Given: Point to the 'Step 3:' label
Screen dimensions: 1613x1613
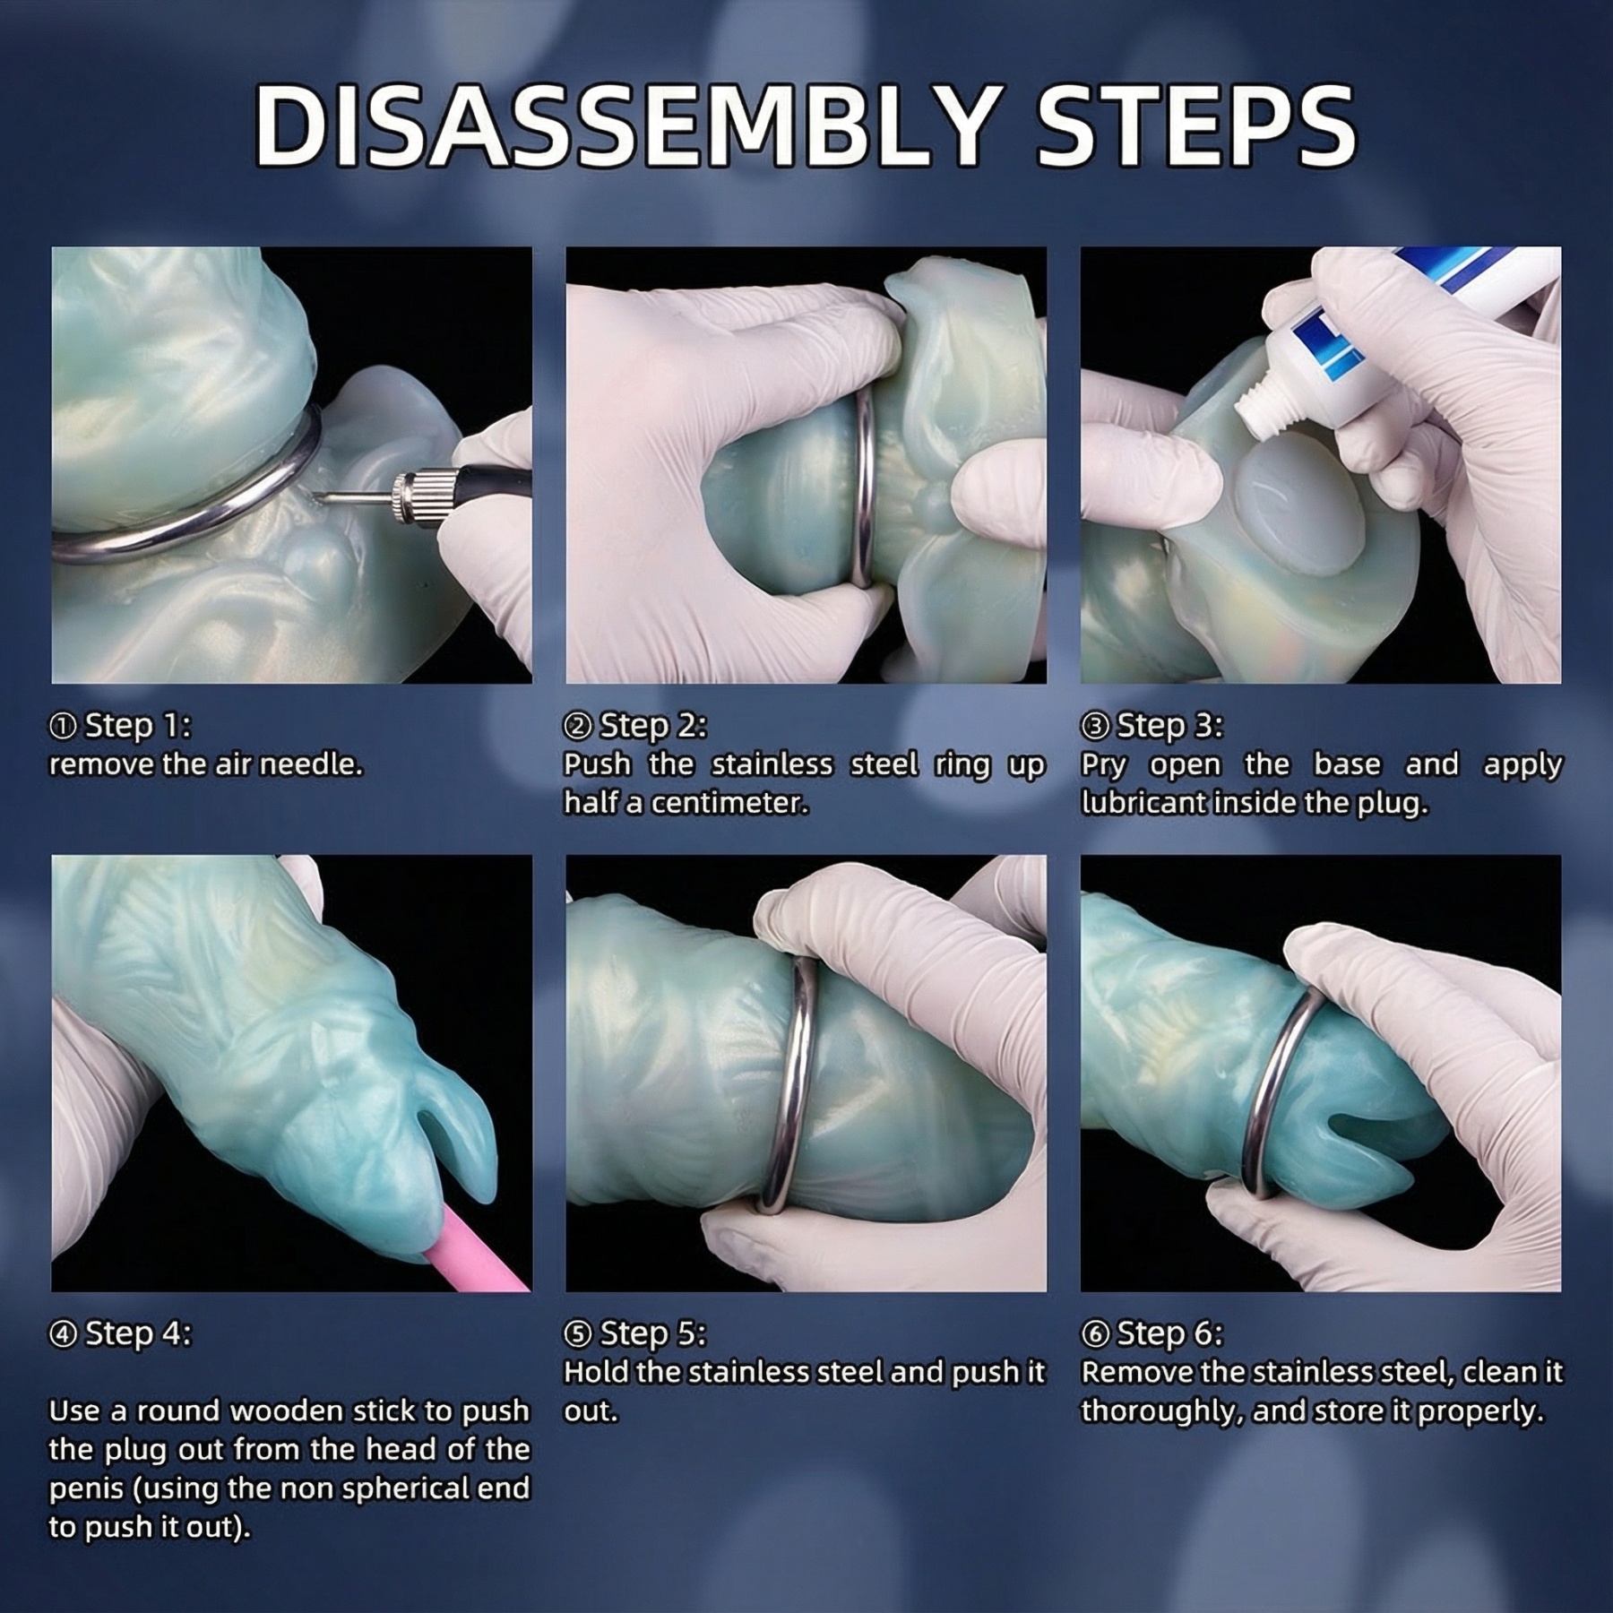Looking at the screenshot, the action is (x=1152, y=725).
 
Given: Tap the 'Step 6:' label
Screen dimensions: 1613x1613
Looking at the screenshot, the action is (x=1152, y=1333).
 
